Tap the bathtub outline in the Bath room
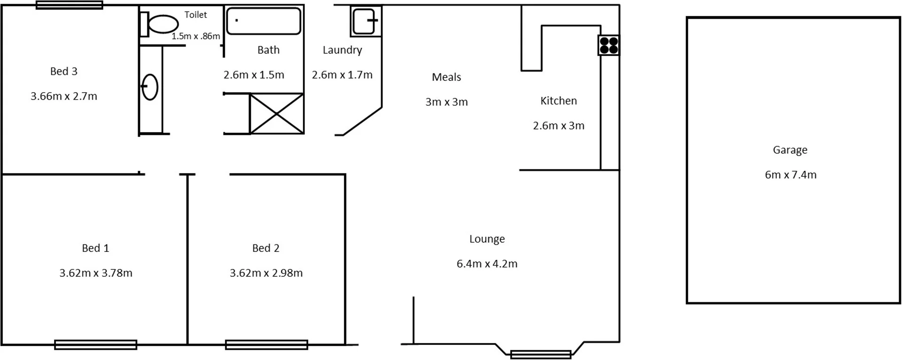[264, 21]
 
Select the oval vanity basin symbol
[150, 87]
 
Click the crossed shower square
[277, 114]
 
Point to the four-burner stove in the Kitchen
[609, 46]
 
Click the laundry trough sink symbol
[365, 21]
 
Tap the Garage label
[790, 150]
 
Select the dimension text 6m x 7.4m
[791, 175]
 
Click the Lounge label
[487, 239]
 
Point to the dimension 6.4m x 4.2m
[487, 264]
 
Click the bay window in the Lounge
[541, 354]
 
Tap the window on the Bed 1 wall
[96, 345]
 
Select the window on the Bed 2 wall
[266, 345]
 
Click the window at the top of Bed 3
[70, 5]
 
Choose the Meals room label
[446, 77]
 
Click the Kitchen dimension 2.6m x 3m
[559, 125]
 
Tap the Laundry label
[342, 50]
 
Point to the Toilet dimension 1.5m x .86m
[196, 36]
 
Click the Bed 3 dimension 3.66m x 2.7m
[64, 96]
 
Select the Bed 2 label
[266, 248]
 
